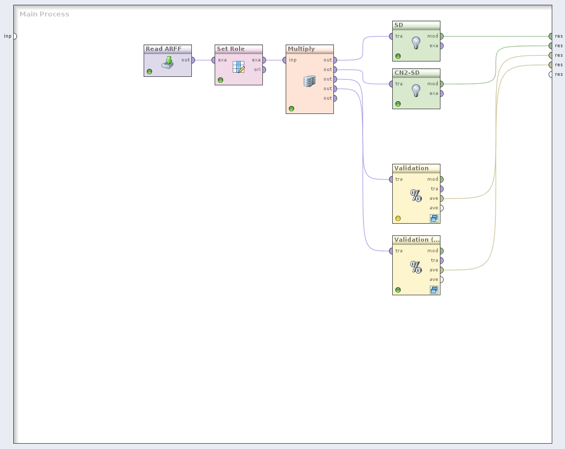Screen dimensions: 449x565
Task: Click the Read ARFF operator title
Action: (x=164, y=49)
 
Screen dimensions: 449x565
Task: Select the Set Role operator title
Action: (x=231, y=49)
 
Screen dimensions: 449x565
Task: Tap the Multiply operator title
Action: (x=301, y=49)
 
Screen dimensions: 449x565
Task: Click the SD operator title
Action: (x=399, y=25)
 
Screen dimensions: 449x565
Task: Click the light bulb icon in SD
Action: (x=416, y=42)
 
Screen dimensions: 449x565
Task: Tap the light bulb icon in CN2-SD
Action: (x=416, y=90)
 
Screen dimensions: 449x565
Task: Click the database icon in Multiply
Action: (x=310, y=81)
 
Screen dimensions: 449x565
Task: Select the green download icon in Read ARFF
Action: (x=167, y=63)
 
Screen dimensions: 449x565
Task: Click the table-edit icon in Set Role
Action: (x=239, y=67)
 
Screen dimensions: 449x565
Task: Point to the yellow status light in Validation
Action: (x=398, y=218)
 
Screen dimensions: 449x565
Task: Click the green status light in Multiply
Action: (x=292, y=109)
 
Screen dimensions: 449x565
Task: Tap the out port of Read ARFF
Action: (x=192, y=60)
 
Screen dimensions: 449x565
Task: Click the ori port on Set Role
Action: (x=263, y=69)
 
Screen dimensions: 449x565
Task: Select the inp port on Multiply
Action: (x=285, y=60)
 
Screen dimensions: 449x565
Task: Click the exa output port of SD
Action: (x=441, y=46)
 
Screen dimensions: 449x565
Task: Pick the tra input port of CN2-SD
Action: (x=391, y=84)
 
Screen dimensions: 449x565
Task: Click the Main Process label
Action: (x=45, y=14)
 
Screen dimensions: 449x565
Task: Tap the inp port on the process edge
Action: (x=14, y=36)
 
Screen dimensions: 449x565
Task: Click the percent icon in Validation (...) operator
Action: (x=416, y=267)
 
